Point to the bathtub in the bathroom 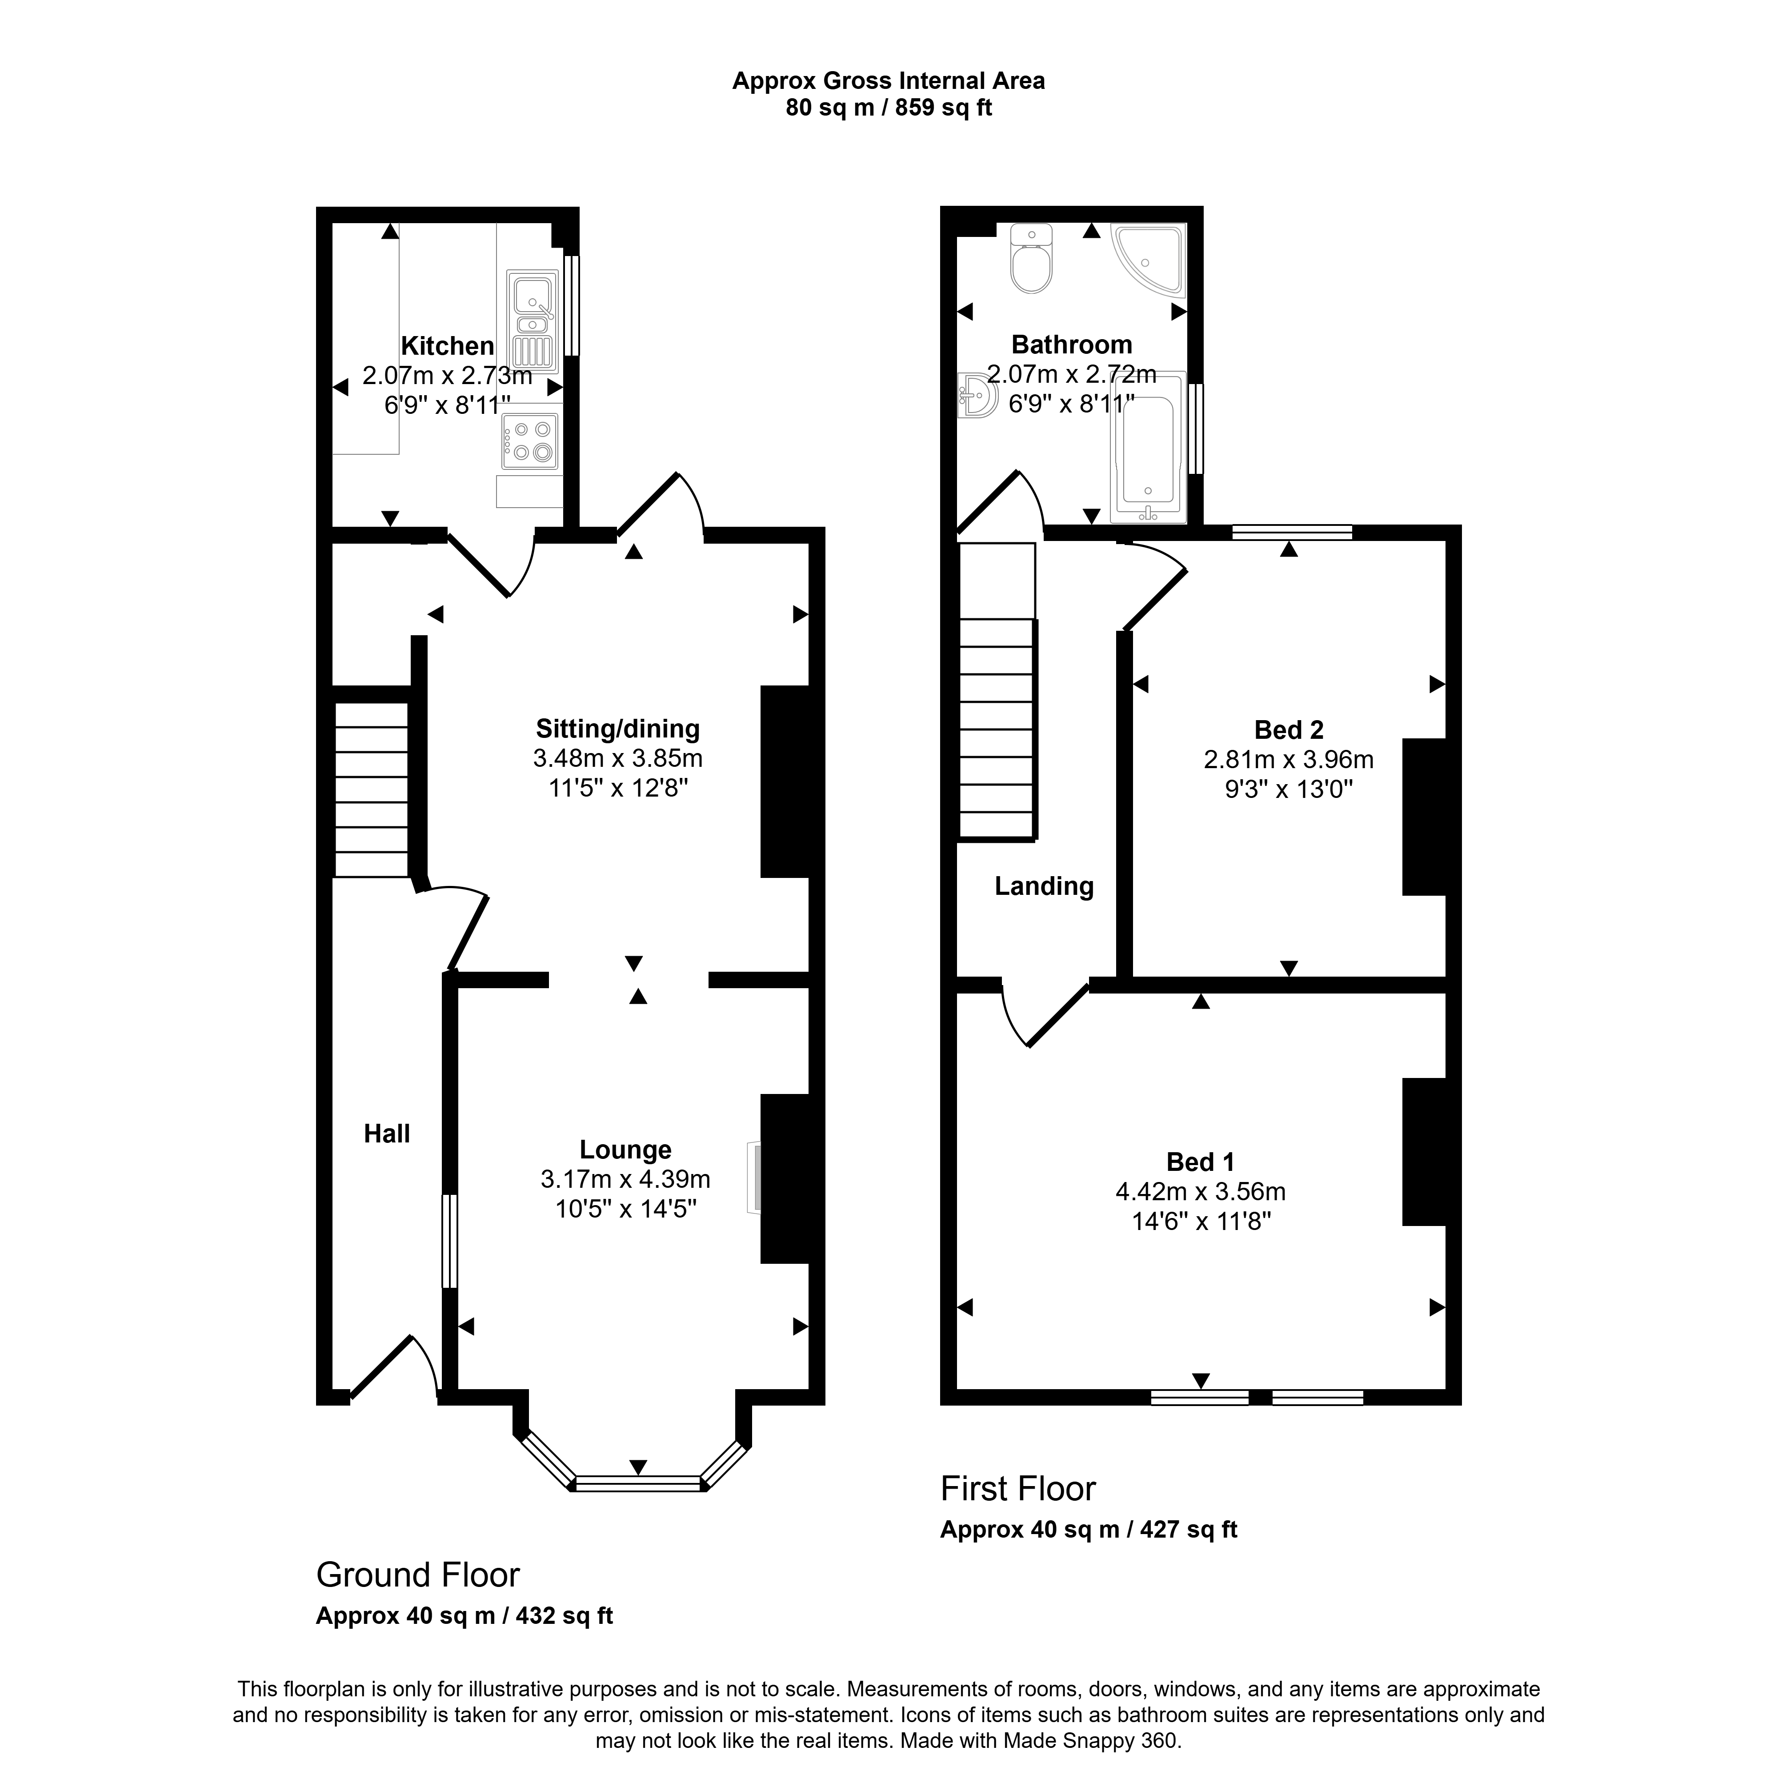[1147, 449]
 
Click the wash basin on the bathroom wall [976, 396]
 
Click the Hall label [387, 1134]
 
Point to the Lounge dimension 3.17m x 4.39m [625, 1179]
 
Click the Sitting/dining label [618, 729]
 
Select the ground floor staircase [371, 790]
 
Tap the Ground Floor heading [418, 1575]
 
